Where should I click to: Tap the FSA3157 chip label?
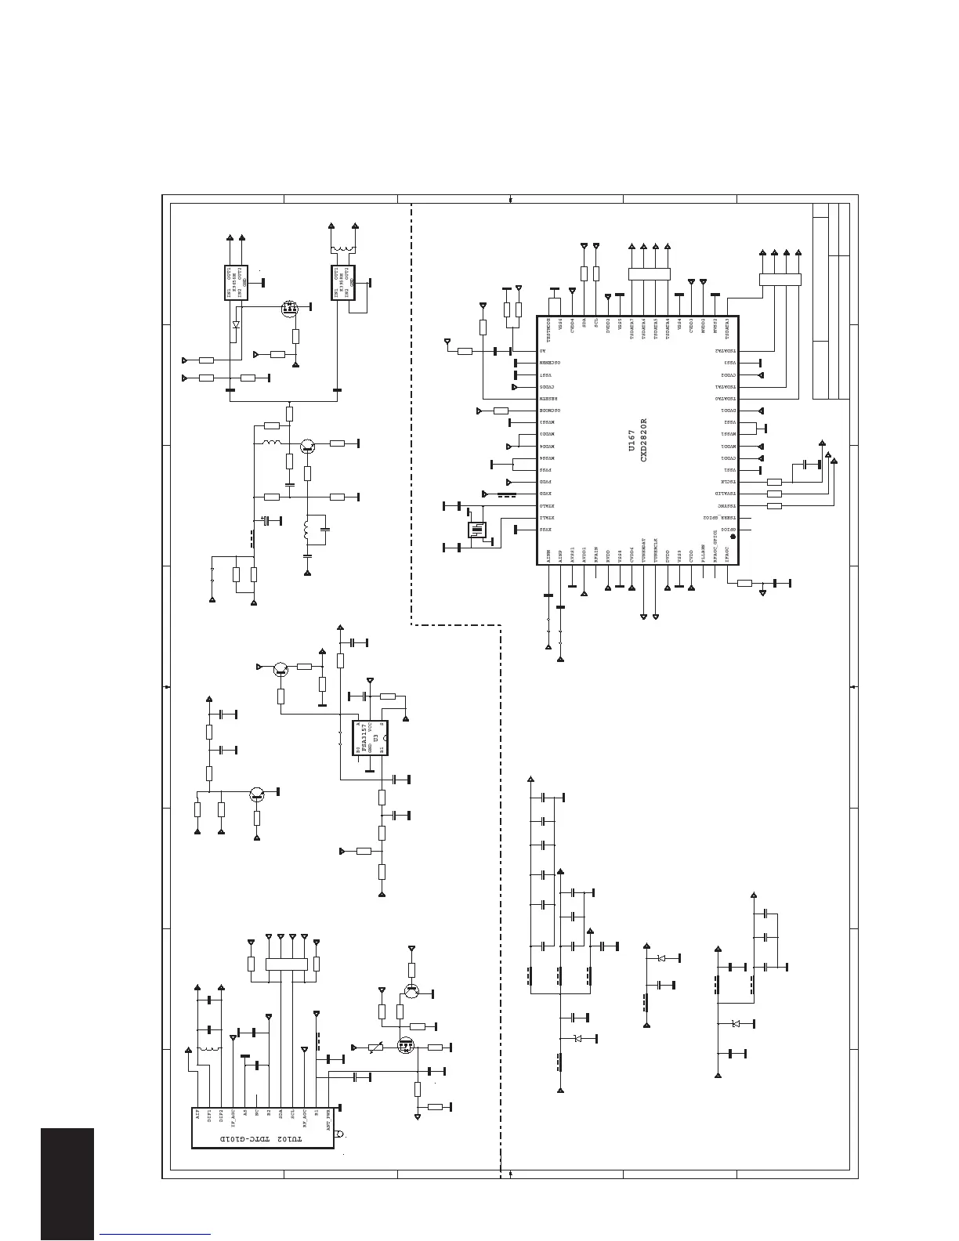[x=365, y=739]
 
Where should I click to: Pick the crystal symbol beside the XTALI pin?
[x=476, y=530]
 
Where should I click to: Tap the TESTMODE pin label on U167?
[x=548, y=329]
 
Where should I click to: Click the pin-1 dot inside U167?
[x=732, y=537]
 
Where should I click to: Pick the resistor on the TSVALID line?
[x=774, y=494]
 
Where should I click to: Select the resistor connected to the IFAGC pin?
[x=744, y=583]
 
